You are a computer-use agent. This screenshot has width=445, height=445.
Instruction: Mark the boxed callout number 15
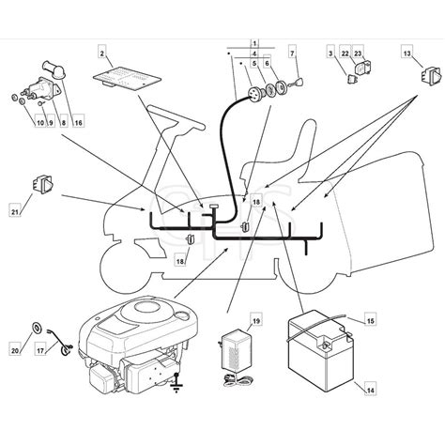pos(371,321)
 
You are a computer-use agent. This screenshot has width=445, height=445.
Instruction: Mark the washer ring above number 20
pos(35,328)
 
